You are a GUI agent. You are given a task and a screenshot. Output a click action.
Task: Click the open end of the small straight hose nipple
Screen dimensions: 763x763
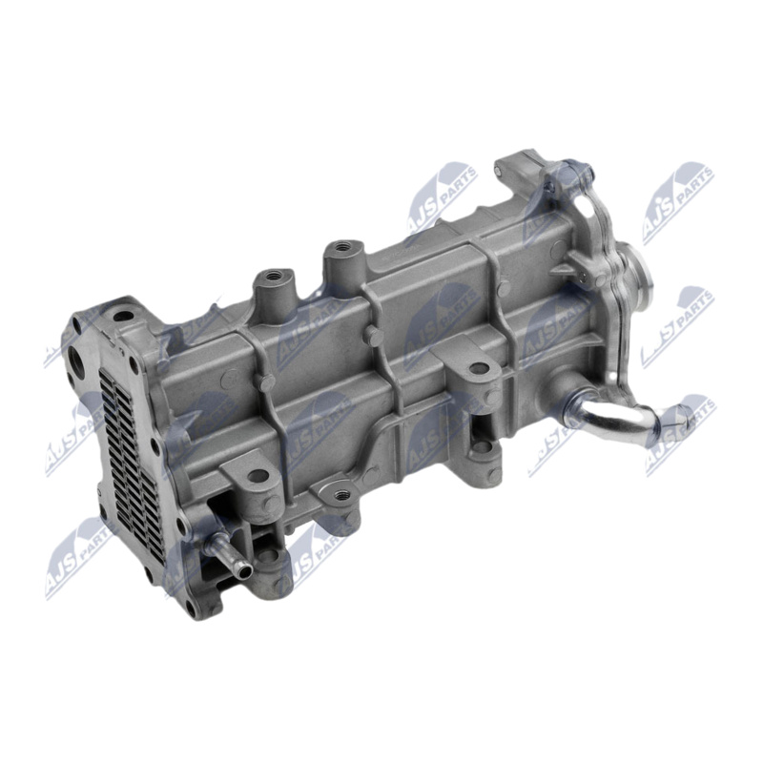246,574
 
